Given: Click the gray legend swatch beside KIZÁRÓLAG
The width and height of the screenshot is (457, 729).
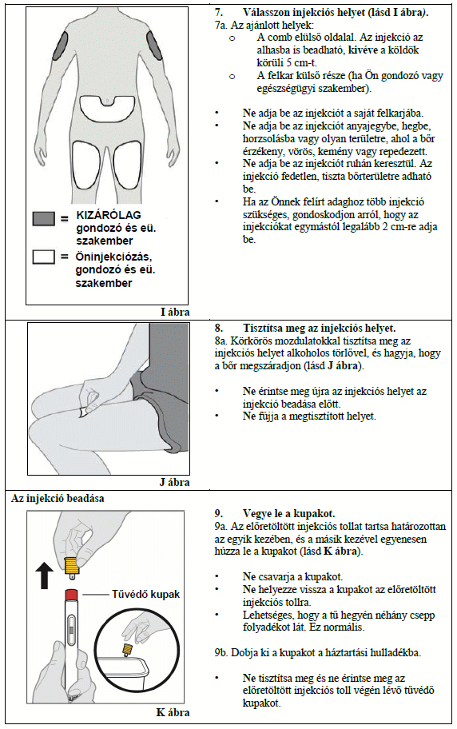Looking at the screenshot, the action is click(44, 218).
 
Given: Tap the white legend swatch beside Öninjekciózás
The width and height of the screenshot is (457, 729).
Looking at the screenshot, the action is click(44, 257).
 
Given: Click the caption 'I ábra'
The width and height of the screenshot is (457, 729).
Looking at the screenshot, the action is click(175, 312).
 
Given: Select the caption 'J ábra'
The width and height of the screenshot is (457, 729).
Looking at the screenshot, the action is click(175, 482).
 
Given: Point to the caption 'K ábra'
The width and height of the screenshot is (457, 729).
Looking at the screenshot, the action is click(173, 712).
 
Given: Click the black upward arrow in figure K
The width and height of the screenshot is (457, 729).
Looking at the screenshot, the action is click(45, 575).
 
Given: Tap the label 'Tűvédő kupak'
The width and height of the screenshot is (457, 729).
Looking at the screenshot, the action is click(145, 594).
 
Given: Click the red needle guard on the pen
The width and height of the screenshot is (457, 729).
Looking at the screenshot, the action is click(71, 595).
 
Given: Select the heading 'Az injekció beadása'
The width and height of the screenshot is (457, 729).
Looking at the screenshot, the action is click(58, 499).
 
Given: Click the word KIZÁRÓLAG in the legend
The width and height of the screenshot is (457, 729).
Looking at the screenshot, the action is click(109, 215).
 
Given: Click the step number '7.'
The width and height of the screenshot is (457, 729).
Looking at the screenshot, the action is click(218, 13).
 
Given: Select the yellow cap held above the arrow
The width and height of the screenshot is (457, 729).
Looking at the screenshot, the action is click(72, 564).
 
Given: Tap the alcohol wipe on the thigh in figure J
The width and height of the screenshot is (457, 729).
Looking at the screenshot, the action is click(84, 412).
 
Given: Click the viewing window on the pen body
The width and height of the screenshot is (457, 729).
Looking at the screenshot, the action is click(71, 631).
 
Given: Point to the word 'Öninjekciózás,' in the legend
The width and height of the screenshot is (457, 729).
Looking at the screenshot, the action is click(114, 257).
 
